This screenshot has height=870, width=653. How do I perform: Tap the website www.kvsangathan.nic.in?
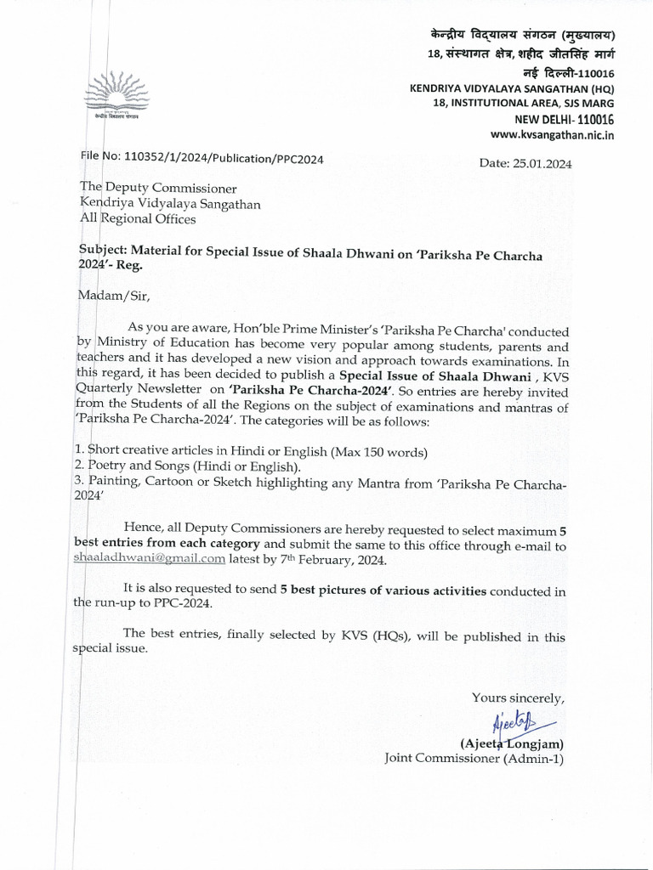[x=553, y=134]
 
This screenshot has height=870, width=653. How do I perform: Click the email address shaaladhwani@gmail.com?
[x=173, y=558]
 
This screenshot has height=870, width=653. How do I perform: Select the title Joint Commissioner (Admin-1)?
[x=474, y=757]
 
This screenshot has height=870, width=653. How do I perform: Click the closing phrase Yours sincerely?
[x=518, y=698]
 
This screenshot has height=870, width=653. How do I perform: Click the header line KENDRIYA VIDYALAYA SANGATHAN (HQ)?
[x=512, y=88]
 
